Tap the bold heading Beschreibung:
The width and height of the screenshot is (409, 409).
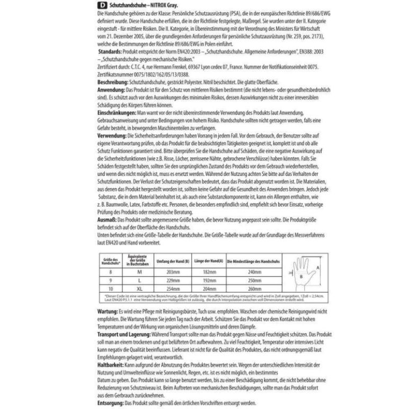pos(114,83)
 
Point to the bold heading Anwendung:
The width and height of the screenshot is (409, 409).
pos(113,91)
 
